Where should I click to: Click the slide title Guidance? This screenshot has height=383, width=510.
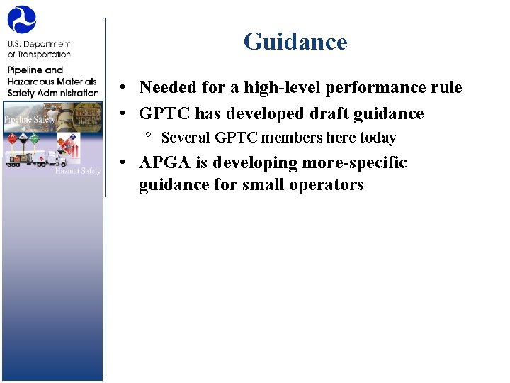(x=295, y=42)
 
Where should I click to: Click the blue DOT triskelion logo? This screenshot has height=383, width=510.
(x=21, y=20)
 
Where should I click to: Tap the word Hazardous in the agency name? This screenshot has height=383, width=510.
(x=32, y=82)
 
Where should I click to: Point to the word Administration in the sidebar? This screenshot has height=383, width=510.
(x=69, y=93)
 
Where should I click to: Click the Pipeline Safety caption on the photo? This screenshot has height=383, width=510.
(x=29, y=119)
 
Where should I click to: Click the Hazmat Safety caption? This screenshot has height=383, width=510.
(x=79, y=171)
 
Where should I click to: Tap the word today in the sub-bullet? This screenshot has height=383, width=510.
(x=378, y=138)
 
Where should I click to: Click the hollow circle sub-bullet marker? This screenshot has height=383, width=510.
(x=149, y=135)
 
